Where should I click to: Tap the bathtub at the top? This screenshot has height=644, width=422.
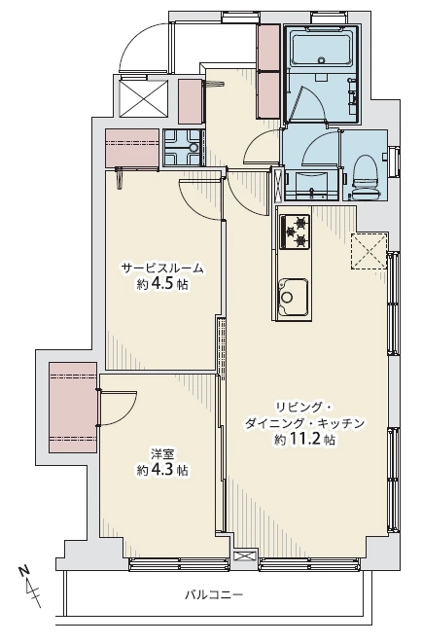click(x=322, y=51)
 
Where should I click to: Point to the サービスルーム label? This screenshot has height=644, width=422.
click(x=162, y=269)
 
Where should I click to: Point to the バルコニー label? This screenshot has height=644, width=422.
click(x=214, y=594)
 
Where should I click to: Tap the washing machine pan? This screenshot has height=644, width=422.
click(x=183, y=148)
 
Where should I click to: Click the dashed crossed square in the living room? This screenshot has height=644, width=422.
click(x=369, y=251)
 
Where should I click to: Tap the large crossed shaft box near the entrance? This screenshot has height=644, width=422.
click(x=143, y=97)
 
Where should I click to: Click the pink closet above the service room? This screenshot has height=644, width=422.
click(x=132, y=148)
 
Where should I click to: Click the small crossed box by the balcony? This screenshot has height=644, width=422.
click(x=244, y=556)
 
